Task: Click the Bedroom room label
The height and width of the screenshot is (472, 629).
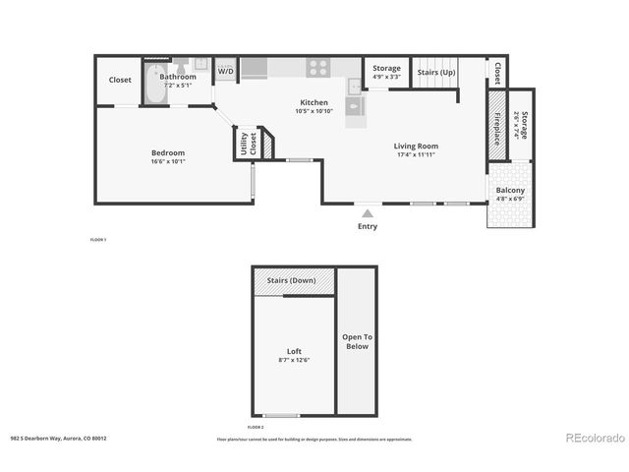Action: point(167,152)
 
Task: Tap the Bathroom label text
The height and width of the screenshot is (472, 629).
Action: point(178,76)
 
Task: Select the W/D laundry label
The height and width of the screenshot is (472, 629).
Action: point(225,71)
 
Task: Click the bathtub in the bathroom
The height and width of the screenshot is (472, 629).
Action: point(153,86)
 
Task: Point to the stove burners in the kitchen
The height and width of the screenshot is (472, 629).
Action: point(318,68)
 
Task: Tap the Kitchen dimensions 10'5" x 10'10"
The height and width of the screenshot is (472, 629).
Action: point(314,111)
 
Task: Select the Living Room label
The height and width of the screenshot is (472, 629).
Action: point(417,146)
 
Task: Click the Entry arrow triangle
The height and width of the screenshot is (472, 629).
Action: point(367,211)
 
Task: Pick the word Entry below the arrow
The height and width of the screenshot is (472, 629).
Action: point(367,227)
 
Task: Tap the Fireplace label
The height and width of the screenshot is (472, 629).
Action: point(497,125)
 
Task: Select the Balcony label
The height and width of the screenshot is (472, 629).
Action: point(510,191)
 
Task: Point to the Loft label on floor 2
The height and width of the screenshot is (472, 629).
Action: point(294,351)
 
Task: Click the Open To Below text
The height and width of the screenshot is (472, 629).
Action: point(356,341)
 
